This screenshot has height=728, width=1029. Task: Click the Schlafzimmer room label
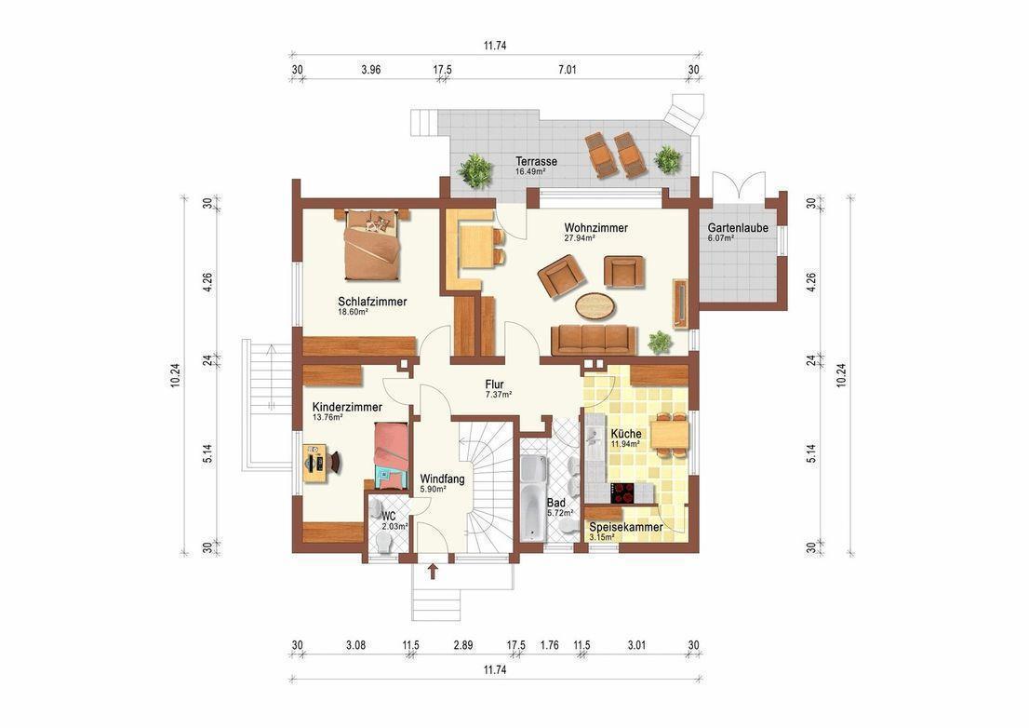tap(372, 302)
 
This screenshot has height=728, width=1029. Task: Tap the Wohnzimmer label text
tap(595, 228)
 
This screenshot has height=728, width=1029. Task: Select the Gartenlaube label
tap(738, 228)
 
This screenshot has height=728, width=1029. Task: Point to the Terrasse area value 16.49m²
tap(531, 171)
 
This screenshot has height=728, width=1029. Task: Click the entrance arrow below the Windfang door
tap(434, 571)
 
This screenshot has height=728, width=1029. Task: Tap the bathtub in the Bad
tap(533, 499)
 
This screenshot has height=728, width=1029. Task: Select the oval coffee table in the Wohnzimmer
tap(595, 305)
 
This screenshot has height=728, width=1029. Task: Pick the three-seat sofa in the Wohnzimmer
tap(594, 340)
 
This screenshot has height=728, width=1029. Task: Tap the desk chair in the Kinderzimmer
tap(335, 462)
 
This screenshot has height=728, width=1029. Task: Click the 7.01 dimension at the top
tap(567, 70)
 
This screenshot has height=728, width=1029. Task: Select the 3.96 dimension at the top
tap(371, 70)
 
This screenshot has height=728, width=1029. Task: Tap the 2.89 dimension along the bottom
tap(463, 645)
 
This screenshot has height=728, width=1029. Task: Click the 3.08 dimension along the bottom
tap(355, 645)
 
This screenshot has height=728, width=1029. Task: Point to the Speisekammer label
tap(626, 527)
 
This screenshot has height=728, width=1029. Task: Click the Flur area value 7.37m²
tap(499, 395)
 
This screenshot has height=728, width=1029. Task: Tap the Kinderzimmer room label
tap(347, 408)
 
